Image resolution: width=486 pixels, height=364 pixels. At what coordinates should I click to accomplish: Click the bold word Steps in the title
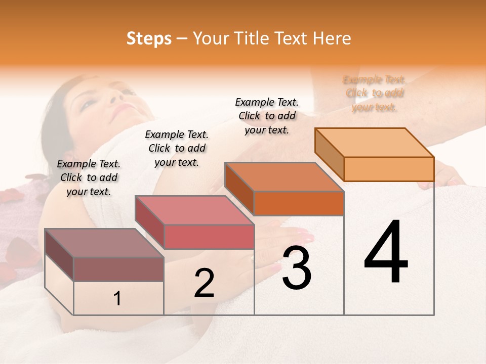coord(149,38)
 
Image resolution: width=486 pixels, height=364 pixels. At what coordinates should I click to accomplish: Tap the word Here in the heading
coord(332,38)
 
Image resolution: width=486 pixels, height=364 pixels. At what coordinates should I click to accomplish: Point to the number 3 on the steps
coord(296,268)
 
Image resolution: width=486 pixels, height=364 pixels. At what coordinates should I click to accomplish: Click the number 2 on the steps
coord(204,283)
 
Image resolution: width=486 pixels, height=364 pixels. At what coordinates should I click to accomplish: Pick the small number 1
coord(117,299)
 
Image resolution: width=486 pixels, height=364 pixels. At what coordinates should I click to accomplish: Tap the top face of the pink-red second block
coord(194,210)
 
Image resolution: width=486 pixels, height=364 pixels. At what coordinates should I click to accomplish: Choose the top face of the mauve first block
coord(104,243)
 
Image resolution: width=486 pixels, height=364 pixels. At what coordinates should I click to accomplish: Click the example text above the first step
coord(89,177)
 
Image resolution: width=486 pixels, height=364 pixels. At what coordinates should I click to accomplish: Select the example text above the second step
coord(177,148)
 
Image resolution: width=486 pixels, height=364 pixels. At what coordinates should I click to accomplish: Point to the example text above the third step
coord(267,116)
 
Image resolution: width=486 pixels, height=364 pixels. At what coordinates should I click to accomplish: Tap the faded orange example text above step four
coord(375,94)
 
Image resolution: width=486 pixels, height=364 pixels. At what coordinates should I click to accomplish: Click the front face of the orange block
coord(389,169)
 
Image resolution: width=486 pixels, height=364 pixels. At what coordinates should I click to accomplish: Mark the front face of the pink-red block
coord(209,237)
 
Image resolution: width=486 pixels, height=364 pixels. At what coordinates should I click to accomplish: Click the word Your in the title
coord(210,38)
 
